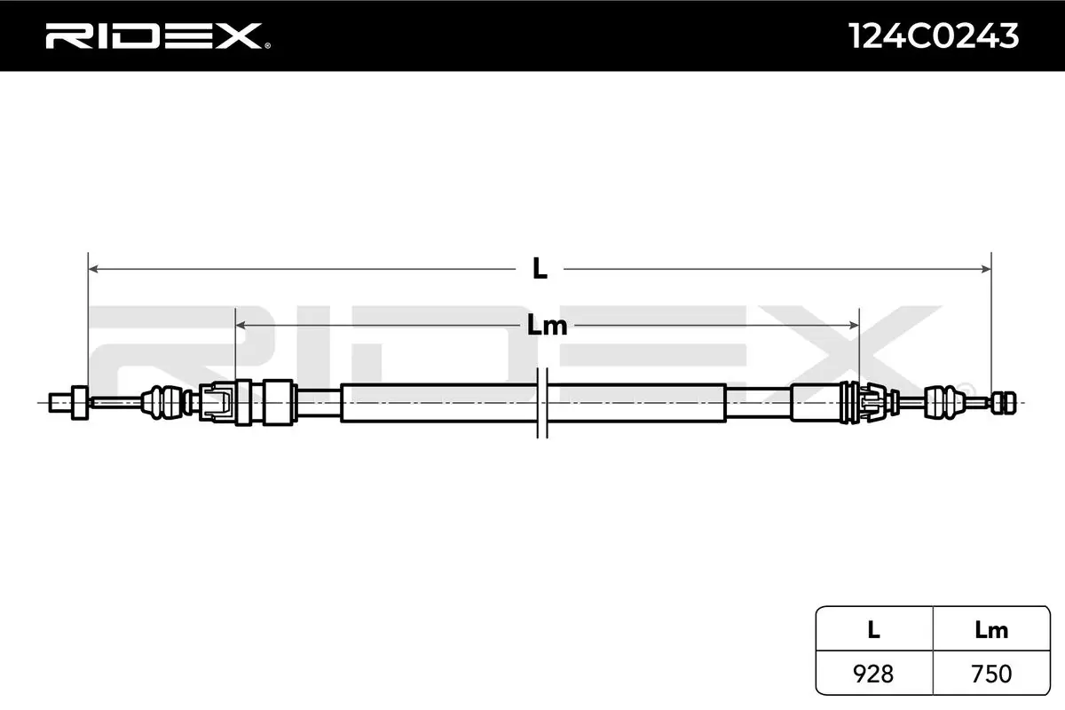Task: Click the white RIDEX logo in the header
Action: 154,36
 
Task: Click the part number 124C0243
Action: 934,36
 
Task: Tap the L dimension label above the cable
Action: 540,269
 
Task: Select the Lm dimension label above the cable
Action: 547,326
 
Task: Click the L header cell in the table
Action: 873,629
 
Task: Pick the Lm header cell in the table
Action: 991,629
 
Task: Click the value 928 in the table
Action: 873,674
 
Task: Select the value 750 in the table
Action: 991,674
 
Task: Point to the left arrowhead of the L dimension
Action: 93,269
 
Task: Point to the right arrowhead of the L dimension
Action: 986,269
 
